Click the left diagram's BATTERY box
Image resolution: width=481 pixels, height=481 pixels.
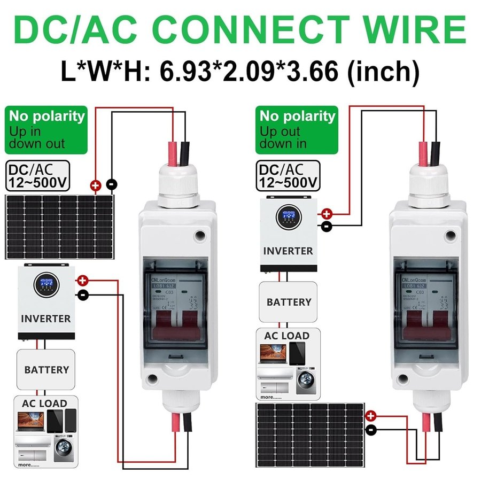click(46, 369)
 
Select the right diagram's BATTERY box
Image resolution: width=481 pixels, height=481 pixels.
click(289, 302)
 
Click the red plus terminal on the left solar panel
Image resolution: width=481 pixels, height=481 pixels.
click(96, 186)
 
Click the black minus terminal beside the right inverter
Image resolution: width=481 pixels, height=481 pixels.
click(327, 226)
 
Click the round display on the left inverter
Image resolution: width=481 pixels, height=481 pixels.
click(46, 286)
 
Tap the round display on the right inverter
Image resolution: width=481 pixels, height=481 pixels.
click(289, 218)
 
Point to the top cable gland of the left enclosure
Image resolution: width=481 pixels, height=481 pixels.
click(176, 184)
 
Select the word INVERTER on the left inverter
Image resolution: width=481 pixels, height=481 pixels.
click(46, 319)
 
